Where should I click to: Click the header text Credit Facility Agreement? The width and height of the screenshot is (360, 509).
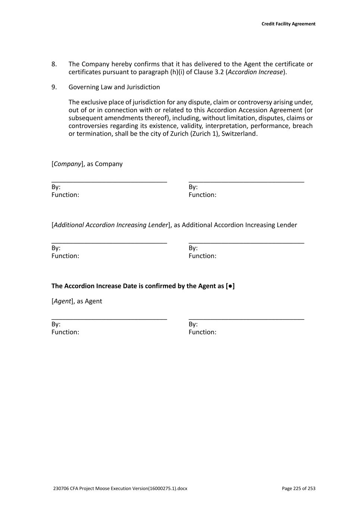288,24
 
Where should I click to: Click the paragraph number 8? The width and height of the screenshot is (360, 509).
54,64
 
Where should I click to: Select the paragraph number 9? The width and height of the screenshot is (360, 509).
54,87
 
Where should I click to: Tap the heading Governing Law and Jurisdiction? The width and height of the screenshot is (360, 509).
114,87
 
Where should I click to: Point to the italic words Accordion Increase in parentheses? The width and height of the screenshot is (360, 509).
255,72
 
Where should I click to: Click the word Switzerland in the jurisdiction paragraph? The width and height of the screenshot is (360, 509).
239,134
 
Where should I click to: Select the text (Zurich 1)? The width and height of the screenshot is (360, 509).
204,134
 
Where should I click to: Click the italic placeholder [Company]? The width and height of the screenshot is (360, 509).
68,164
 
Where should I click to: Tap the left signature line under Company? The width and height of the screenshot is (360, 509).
109,182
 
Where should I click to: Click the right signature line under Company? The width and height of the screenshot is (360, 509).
246,182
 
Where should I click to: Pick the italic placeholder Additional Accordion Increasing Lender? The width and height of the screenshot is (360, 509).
111,225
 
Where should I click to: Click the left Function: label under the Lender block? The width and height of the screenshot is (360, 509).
65,256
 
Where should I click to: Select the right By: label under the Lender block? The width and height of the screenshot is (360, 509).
193,248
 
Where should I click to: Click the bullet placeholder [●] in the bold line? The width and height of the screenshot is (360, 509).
230,286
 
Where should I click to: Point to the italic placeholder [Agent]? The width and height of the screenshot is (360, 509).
62,301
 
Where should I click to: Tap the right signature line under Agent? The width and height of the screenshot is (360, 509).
246,319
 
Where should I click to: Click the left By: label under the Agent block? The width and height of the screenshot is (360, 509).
56,324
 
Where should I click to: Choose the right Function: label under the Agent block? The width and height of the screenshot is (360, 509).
202,332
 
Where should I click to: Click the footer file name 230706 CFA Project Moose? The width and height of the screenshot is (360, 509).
120,488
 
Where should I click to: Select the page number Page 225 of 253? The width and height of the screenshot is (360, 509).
298,488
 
